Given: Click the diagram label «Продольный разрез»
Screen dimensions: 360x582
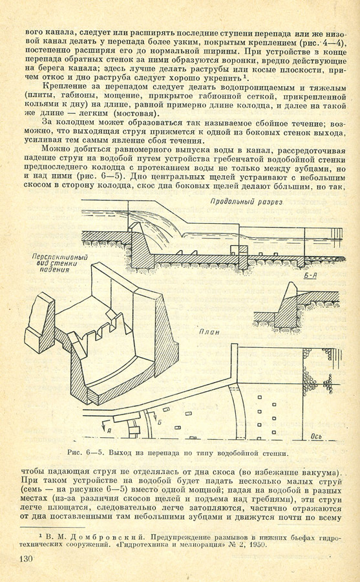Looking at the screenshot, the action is [246, 202].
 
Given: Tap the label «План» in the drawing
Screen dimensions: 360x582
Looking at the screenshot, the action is [209, 332].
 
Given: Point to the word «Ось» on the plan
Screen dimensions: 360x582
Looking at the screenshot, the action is [316, 436].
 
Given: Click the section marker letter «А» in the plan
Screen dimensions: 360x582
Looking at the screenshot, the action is [109, 430].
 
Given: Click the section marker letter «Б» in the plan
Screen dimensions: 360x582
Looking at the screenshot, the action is [160, 422].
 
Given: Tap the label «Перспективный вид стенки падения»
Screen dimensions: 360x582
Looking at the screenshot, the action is [59, 263].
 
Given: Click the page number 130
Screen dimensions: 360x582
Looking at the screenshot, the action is [26, 559].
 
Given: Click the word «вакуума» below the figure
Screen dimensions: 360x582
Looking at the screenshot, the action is [321, 473].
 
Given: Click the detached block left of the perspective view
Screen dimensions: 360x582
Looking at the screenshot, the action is [39, 322].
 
